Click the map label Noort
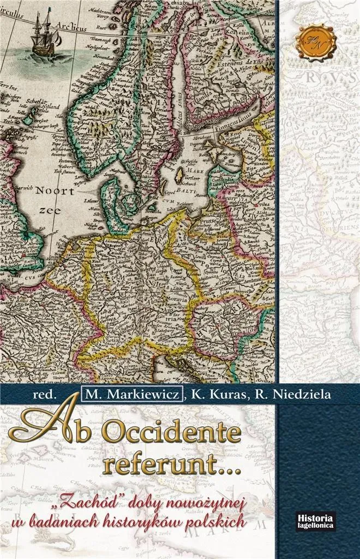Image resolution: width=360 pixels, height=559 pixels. tap(53, 191)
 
